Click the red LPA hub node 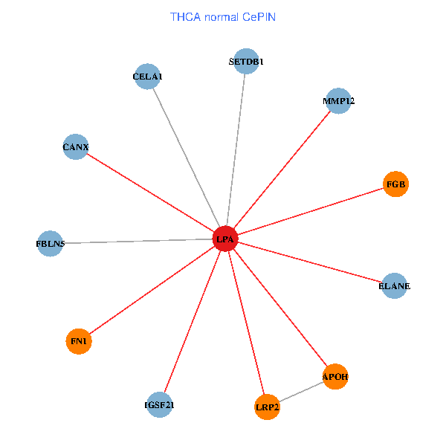(225, 239)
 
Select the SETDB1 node (245, 62)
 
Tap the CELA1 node (148, 77)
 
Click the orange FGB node (396, 184)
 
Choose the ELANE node (394, 285)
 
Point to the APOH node (335, 377)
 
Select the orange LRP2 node (267, 407)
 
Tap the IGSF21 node (160, 405)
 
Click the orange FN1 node (79, 341)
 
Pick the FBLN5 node (51, 244)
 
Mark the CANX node (76, 147)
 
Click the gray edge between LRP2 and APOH (301, 392)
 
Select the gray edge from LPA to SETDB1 (236, 149)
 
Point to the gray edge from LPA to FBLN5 (138, 242)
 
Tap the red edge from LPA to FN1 (152, 290)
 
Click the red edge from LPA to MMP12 (282, 169)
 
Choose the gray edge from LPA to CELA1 (186, 157)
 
